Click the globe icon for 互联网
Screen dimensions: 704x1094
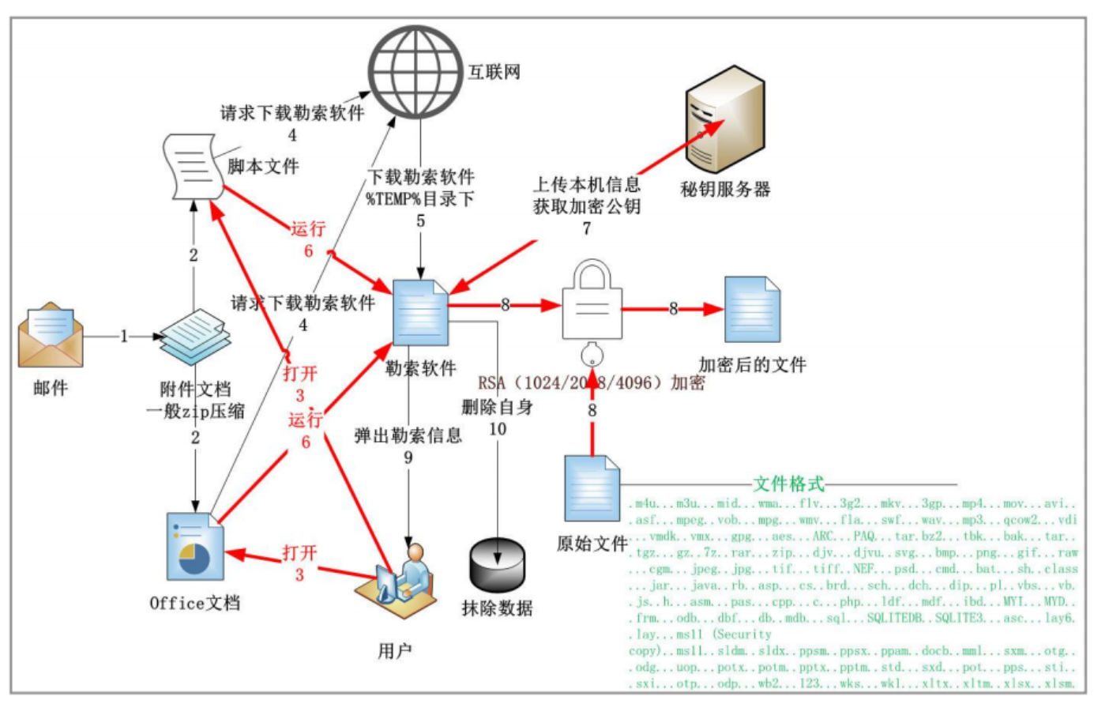415,72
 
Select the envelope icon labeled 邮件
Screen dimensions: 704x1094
51,335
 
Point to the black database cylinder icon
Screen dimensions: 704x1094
497,563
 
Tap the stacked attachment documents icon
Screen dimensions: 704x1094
194,336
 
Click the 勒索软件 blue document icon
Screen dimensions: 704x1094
420,313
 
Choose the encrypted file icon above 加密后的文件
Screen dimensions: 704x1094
751,309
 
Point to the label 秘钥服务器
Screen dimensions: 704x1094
725,190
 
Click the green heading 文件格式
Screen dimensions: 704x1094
788,484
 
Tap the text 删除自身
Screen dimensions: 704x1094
497,408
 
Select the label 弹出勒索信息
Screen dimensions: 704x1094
408,435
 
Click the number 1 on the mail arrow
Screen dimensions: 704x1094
124,337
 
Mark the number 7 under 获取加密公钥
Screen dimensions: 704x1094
586,228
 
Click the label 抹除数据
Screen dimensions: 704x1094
497,608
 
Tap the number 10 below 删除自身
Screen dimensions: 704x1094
497,429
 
